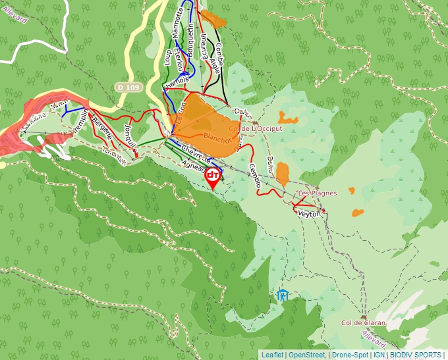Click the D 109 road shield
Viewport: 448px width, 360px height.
click(x=128, y=86)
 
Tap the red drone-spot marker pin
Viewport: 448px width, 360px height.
click(x=213, y=176)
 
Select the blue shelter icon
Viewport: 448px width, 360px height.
click(x=283, y=295)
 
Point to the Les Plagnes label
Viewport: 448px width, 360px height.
click(x=317, y=193)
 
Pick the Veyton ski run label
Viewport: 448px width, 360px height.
click(x=309, y=214)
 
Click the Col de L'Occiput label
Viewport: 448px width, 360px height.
click(x=256, y=129)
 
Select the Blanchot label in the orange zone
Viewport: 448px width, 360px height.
click(x=220, y=139)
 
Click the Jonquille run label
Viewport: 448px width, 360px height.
click(x=129, y=136)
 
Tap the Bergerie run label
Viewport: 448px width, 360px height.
click(x=103, y=126)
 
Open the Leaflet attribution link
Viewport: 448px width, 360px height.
click(x=272, y=355)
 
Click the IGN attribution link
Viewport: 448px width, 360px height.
click(x=379, y=355)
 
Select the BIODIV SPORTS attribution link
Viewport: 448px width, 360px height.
click(x=415, y=355)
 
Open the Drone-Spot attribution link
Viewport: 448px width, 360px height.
click(x=349, y=355)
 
